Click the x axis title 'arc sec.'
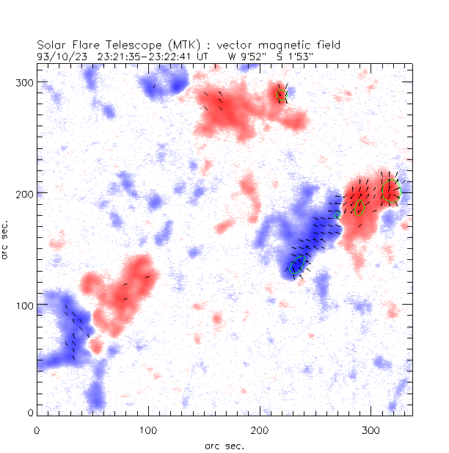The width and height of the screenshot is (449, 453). pos(224,445)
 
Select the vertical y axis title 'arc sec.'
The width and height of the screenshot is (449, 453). pos(6,238)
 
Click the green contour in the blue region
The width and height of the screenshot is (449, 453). pos(296,266)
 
